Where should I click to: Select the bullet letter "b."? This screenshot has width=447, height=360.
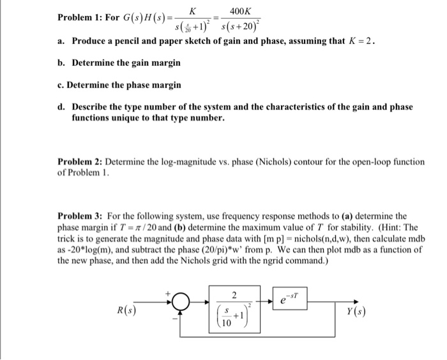(x=62, y=63)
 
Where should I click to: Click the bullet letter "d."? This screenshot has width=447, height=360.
(x=62, y=107)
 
